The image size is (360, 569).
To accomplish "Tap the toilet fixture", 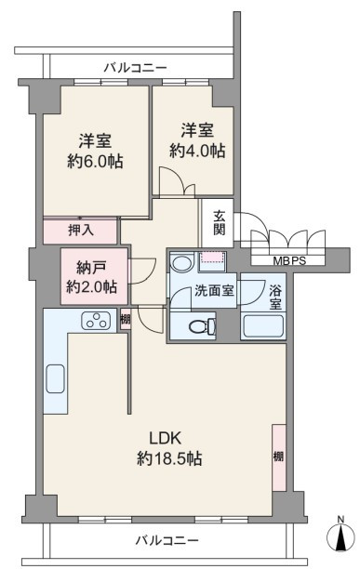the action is (x=203, y=325).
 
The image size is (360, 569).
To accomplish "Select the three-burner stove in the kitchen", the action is (x=96, y=321).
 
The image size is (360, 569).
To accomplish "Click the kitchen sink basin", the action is (x=56, y=378).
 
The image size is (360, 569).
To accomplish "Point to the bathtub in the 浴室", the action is (x=262, y=325).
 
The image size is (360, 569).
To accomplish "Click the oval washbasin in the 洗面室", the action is (x=182, y=263).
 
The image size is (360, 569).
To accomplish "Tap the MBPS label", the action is (x=289, y=260).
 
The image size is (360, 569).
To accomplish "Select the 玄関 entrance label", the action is (x=219, y=223).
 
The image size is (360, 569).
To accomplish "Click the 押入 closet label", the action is (x=81, y=230).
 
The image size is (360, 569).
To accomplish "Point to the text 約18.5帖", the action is (x=169, y=458).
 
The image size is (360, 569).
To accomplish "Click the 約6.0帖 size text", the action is (x=95, y=161).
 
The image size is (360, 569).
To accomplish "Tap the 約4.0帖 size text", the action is (x=197, y=150).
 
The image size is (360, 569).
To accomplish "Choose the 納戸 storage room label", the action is (x=91, y=268).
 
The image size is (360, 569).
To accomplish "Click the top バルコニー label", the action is (x=135, y=68).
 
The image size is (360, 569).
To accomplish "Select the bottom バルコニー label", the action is (x=167, y=540).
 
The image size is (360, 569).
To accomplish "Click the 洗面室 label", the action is (x=214, y=290).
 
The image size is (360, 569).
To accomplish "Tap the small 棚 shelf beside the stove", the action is (x=126, y=319).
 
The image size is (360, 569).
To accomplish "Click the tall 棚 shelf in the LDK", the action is (x=279, y=457).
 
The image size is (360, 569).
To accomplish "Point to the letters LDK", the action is (x=166, y=438).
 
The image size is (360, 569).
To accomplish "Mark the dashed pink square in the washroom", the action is (x=213, y=258).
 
